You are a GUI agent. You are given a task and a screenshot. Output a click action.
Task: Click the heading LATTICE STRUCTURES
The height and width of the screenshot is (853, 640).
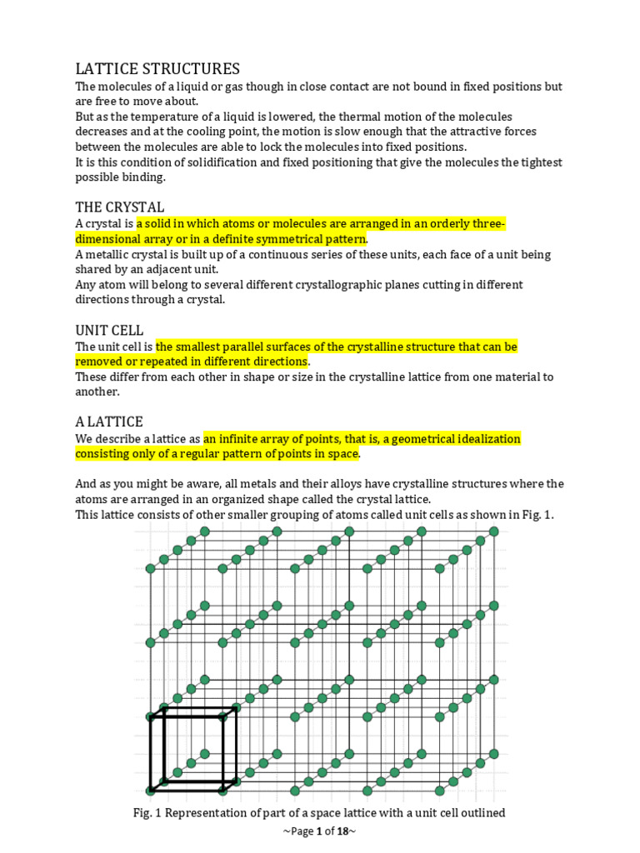coord(157,68)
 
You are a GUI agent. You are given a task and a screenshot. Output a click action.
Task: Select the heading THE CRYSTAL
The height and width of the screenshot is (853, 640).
coord(120,206)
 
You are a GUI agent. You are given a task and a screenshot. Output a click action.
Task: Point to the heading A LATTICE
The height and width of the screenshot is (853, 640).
coord(109,422)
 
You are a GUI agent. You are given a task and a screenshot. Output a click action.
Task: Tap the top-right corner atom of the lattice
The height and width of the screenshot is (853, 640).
coord(496,531)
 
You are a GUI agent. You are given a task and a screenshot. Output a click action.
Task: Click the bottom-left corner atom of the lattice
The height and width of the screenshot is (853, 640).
coord(151,790)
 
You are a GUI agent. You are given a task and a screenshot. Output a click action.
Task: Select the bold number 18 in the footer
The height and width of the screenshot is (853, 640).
coord(341,831)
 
